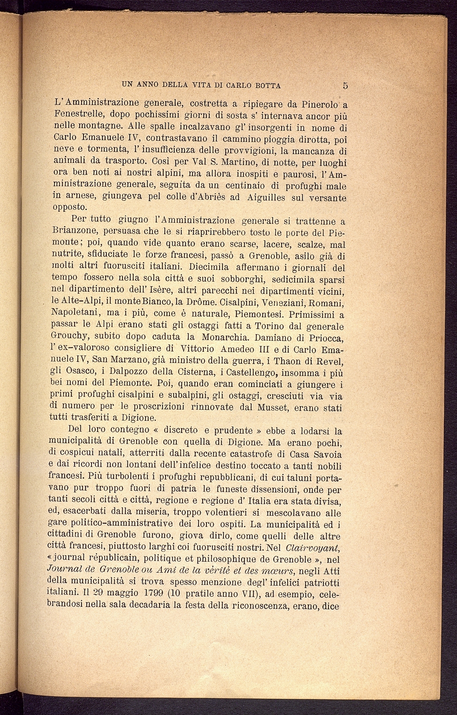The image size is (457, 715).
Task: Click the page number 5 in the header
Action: click(x=345, y=85)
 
